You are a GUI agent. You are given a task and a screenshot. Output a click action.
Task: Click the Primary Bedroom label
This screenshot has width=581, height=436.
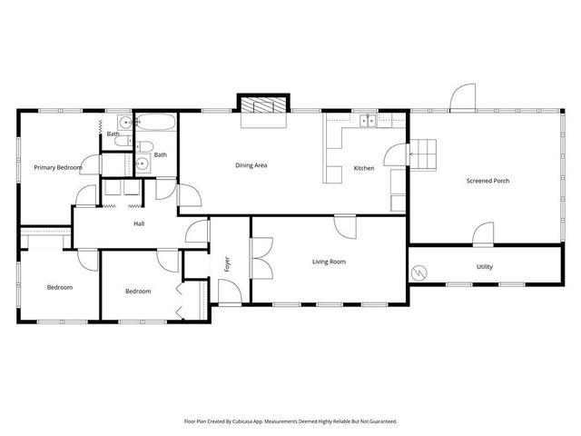click(x=58, y=167)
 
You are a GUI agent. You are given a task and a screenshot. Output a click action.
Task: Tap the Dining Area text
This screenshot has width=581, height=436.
click(x=251, y=165)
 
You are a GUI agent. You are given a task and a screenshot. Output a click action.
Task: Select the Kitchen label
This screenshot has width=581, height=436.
click(x=363, y=168)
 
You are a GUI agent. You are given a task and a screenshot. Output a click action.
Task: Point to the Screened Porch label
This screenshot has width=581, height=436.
click(x=487, y=181)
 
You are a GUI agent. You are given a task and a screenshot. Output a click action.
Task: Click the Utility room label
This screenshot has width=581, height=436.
click(x=485, y=267)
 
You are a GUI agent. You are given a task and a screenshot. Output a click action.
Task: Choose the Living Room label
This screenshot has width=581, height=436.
click(x=329, y=262)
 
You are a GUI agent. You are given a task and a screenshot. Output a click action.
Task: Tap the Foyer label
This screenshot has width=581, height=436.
click(x=227, y=264)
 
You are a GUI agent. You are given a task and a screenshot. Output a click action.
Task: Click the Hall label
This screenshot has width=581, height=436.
click(x=139, y=223)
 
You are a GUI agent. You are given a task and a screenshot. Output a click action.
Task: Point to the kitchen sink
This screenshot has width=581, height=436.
click(x=369, y=120)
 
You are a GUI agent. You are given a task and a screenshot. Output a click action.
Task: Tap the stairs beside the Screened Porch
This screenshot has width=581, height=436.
click(x=425, y=154)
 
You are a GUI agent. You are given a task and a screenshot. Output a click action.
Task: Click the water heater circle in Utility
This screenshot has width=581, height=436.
click(x=419, y=272)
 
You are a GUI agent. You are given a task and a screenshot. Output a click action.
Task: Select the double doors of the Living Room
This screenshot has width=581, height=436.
click(x=261, y=255)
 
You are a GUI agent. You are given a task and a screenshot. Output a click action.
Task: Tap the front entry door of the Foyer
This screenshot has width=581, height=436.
click(x=231, y=292)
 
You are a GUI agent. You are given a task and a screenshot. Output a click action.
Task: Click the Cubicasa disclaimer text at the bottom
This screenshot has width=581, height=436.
click(x=290, y=421)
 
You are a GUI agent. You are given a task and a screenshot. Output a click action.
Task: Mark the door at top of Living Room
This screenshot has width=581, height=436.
click(x=345, y=225)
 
